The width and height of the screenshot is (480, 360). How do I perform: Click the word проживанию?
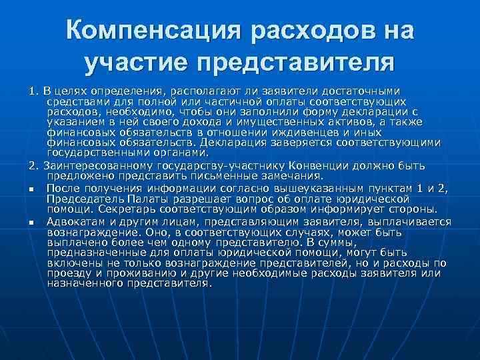(125, 273)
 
